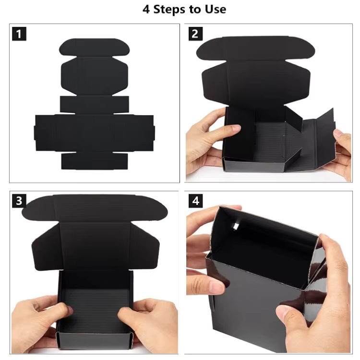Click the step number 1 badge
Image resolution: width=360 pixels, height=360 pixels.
click(x=19, y=34)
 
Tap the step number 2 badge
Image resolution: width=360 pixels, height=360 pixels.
click(x=195, y=34)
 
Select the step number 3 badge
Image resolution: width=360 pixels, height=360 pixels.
click(x=19, y=200)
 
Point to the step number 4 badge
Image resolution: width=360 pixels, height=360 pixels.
click(x=195, y=200)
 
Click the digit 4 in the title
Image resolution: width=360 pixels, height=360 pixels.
click(x=146, y=9)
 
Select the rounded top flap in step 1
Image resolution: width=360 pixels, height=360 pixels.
click(x=94, y=47)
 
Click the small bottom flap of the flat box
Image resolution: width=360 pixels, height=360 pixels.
click(x=94, y=161)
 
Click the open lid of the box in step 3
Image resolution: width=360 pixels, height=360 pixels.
click(x=94, y=230)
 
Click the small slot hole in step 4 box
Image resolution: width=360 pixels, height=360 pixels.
click(x=236, y=227)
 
